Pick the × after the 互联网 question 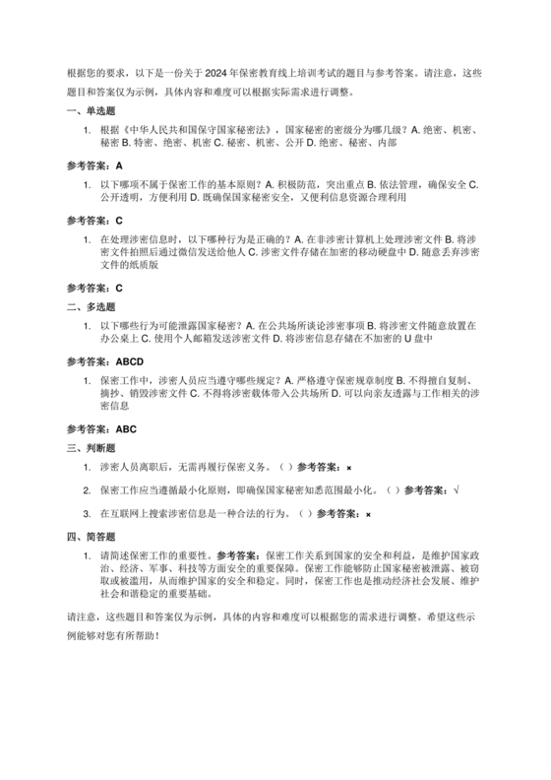pos(368,513)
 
